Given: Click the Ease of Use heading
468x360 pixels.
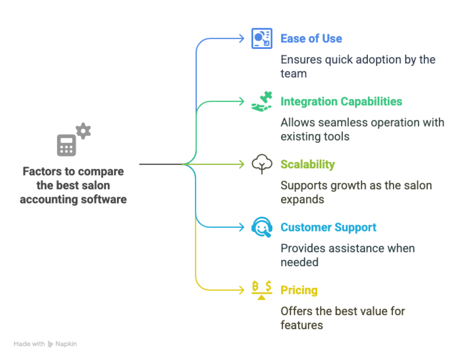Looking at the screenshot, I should coord(311,38).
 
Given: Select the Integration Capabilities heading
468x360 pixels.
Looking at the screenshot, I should coord(341,101).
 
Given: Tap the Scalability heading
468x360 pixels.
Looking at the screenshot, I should coord(307,164).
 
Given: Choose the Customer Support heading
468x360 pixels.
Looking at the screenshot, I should coord(328,227).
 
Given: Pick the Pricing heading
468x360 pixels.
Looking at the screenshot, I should coord(299,290).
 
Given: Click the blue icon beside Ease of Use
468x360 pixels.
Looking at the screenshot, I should coord(262,38).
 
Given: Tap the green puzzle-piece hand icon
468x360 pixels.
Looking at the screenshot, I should coord(262,101).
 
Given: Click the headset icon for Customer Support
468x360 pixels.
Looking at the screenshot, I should coord(262,227).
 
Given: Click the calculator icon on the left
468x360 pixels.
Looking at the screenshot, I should coord(67,145).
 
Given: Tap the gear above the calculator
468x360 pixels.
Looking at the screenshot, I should coord(83,131).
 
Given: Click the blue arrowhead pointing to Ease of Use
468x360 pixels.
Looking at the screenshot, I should coord(242,38).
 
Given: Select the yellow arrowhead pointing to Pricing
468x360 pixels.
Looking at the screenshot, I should coord(242,290).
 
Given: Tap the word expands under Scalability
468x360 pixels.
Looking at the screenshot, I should coord(302,199).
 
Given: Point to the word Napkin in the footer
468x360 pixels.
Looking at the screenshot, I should coord(66,344).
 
